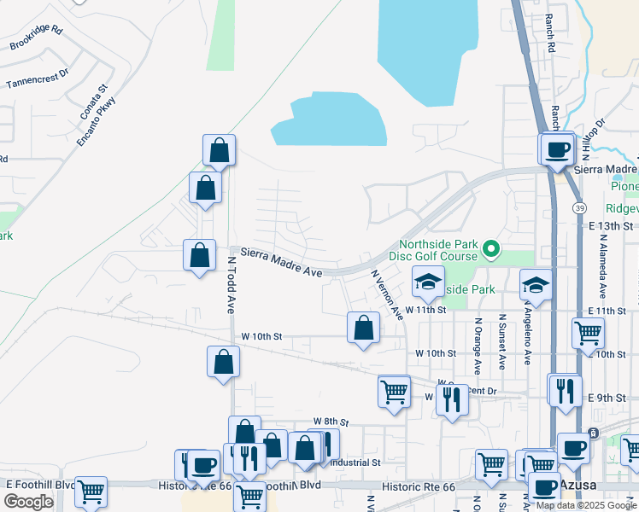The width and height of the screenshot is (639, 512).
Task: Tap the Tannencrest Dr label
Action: click(36, 79)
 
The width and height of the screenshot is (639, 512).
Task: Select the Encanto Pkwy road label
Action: click(96, 121)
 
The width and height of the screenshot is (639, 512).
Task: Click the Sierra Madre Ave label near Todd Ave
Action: click(280, 262)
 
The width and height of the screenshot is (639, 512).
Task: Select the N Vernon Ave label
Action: click(387, 294)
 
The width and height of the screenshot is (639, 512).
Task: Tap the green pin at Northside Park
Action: click(491, 249)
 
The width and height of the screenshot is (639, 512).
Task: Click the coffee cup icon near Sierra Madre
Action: click(558, 150)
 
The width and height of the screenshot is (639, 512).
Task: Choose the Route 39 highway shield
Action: click(579, 207)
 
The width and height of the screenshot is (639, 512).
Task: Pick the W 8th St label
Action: click(331, 422)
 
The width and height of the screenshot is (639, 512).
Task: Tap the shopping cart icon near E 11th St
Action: click(588, 332)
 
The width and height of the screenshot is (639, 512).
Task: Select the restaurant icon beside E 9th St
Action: click(564, 390)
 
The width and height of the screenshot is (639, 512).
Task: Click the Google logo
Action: click(28, 502)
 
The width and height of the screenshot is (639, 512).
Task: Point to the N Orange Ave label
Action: click(478, 346)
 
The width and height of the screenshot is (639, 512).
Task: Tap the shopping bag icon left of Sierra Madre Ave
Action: click(199, 254)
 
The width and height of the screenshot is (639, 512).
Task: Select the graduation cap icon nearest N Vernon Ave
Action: click(428, 281)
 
